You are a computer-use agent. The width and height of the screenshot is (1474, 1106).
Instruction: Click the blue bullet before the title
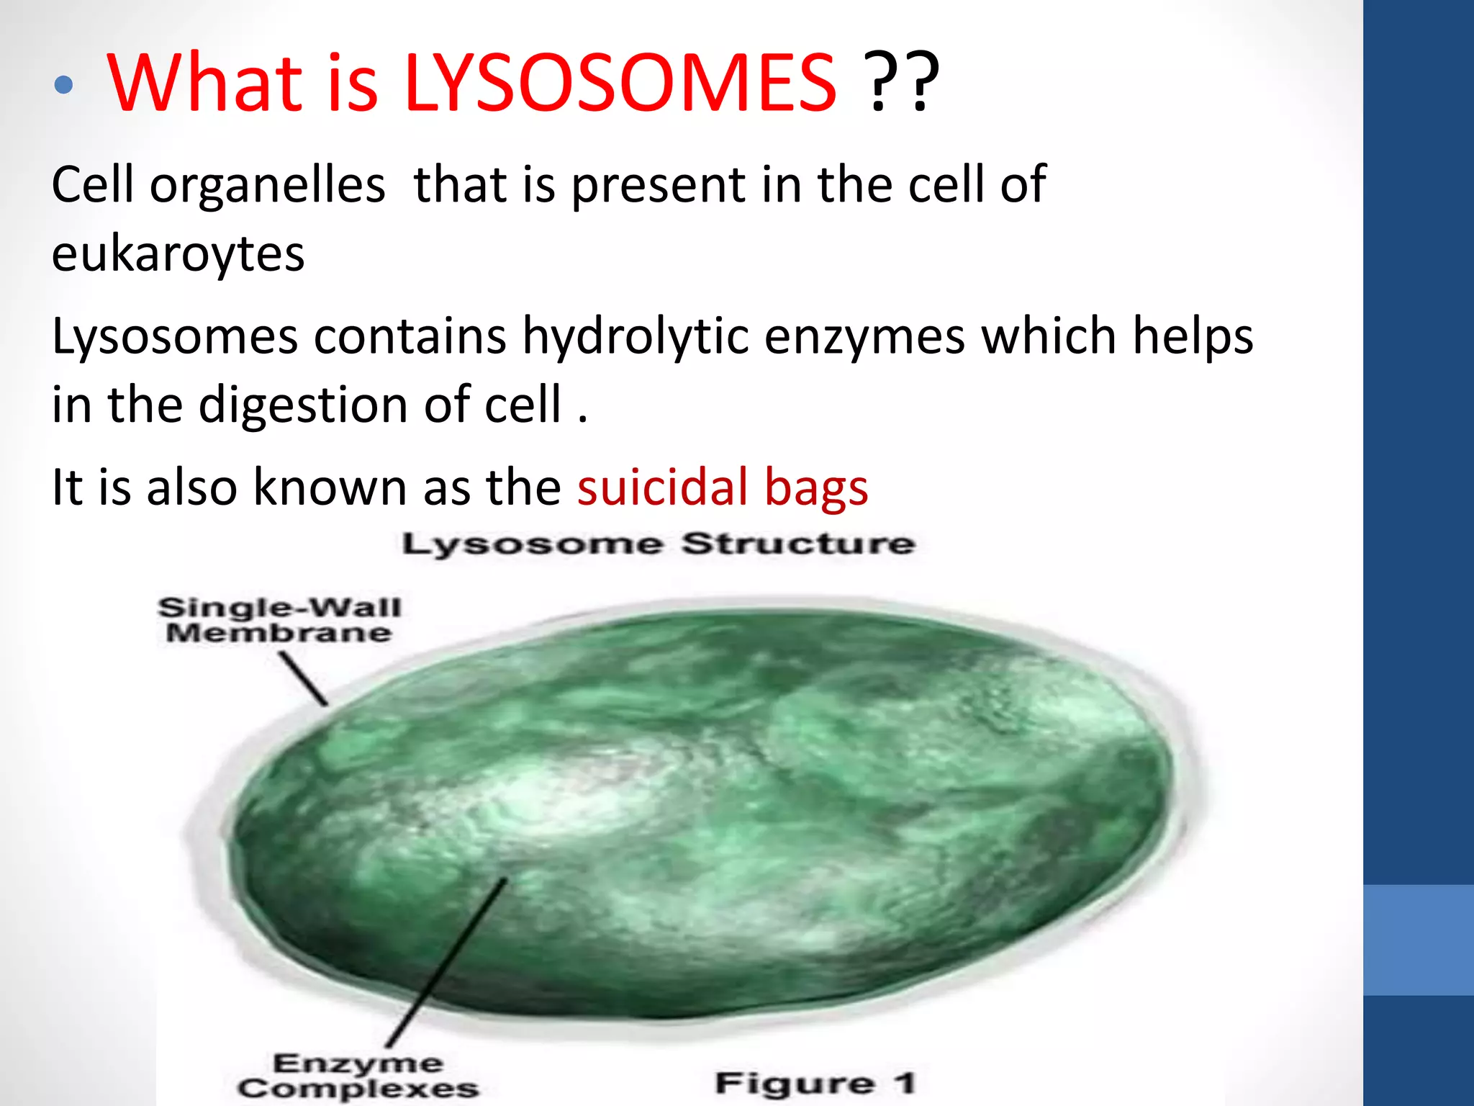point(64,85)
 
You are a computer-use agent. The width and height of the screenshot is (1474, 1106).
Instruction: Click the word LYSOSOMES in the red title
point(620,84)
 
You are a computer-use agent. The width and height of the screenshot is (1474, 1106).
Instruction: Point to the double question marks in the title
point(902,84)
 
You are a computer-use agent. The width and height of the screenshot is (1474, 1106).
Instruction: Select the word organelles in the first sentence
point(268,186)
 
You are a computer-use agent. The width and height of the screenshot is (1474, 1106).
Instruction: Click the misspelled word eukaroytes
point(178,254)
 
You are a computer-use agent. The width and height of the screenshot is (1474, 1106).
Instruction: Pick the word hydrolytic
point(636,336)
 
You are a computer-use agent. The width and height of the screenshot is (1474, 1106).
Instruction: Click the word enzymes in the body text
point(864,336)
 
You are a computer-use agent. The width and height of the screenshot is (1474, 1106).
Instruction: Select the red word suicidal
point(663,487)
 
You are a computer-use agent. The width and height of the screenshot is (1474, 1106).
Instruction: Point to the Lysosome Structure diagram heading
point(658,544)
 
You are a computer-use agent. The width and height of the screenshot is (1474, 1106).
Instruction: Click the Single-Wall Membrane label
point(279,620)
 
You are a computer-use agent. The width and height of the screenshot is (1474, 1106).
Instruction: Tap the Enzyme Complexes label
point(358,1076)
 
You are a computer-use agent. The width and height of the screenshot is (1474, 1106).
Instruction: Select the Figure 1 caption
point(815,1083)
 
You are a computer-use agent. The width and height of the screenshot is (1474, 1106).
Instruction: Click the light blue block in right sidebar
point(1418,940)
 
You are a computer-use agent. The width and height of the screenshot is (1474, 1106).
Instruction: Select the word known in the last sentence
point(330,487)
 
